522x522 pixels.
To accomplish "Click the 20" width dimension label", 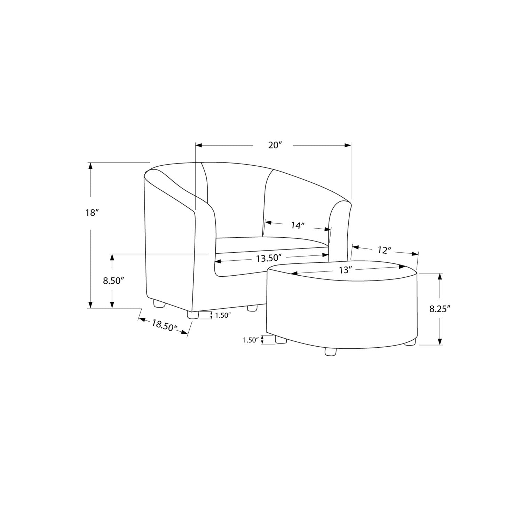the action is coord(275,145).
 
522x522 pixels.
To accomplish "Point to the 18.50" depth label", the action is coord(164,326).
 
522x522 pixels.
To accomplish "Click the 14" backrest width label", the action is coord(298,226).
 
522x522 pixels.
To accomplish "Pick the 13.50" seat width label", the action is coord(268,258).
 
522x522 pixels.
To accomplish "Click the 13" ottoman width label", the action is coord(346,270).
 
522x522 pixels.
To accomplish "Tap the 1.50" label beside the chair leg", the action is coord(223,315).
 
